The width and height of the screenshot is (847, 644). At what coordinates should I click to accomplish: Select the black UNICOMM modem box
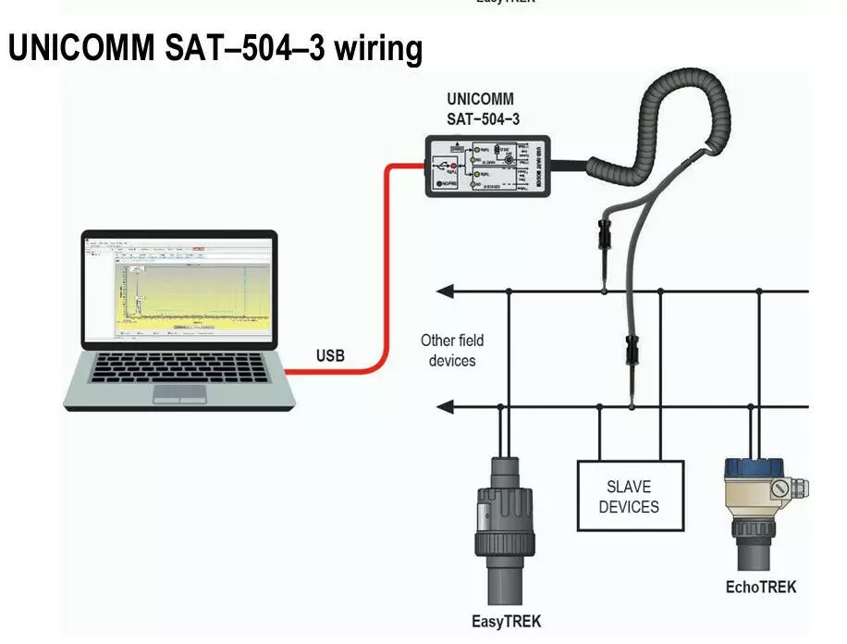[485, 166]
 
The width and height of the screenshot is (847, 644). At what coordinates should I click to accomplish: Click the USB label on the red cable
[330, 355]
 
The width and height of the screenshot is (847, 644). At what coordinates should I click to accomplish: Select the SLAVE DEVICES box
[631, 496]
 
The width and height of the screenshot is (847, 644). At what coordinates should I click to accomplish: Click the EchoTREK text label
[760, 587]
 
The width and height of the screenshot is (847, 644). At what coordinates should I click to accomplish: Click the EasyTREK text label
[506, 621]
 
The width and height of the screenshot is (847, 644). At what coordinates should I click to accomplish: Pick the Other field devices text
[451, 350]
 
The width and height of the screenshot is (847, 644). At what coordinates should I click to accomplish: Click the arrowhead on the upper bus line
[445, 291]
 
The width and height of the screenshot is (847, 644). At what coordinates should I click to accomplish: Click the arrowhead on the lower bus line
[445, 405]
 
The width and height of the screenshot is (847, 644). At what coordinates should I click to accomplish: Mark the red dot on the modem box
[455, 167]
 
